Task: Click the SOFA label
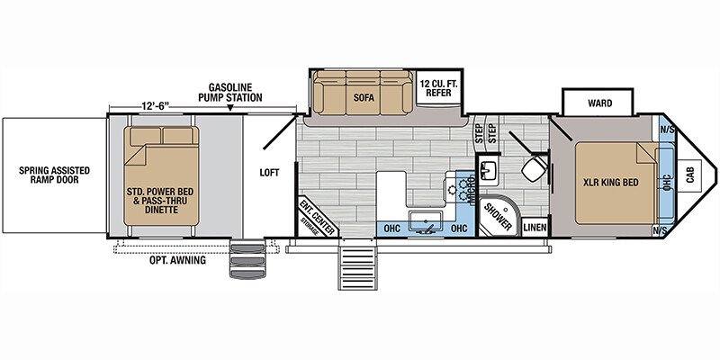pos(364,97)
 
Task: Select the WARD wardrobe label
pos(599,103)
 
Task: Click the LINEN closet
pos(535,228)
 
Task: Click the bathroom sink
pos(487,170)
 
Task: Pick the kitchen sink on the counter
pos(425,222)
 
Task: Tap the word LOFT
pos(269,173)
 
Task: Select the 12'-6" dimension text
pos(155,105)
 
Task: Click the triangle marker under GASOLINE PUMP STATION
pos(230,108)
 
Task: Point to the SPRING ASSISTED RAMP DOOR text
pos(54,175)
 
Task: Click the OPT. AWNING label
pos(177,260)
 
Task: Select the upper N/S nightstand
pos(667,130)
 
